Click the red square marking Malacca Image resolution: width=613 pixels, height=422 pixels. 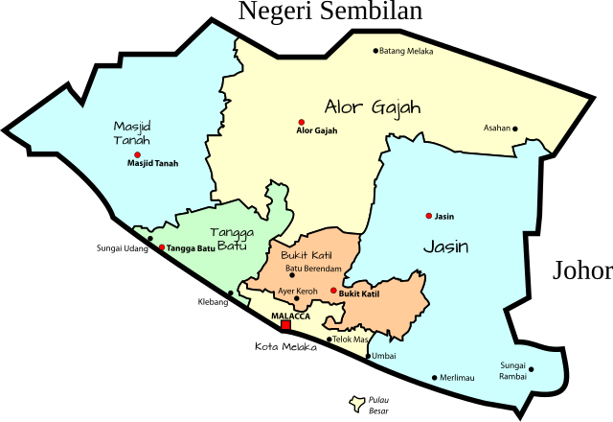coord(285,326)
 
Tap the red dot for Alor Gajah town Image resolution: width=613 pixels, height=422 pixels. coord(301,122)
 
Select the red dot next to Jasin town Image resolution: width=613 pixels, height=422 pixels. coord(429,216)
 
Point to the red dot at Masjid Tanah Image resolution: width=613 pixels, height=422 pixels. coord(137,154)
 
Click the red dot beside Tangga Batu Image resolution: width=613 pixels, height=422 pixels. coord(162,247)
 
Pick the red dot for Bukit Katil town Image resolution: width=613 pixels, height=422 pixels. coord(333,291)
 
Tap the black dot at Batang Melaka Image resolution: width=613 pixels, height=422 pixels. coord(375,51)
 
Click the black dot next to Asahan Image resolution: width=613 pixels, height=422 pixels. coord(514,129)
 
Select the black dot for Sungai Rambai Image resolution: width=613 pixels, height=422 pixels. coord(532,369)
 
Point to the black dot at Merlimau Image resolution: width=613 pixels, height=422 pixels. coord(434,377)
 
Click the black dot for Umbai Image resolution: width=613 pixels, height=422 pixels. coord(368,356)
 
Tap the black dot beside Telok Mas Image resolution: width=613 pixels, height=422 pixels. coord(329,339)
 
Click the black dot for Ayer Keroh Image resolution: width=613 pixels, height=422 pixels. coord(296,298)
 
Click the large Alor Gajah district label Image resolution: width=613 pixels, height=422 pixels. coord(373,106)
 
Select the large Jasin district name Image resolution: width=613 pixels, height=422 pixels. coord(446,246)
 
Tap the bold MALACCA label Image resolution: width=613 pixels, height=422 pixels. coord(290,316)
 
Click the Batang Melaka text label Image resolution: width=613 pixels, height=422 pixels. coord(407,51)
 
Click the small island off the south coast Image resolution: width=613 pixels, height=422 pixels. coord(358,404)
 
